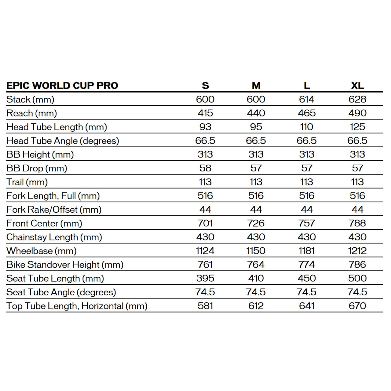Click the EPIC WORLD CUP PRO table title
[x=62, y=86]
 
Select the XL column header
[x=357, y=86]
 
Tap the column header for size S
[x=205, y=86]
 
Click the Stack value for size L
[x=307, y=99]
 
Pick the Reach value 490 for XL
[x=357, y=113]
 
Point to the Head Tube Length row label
[x=57, y=127]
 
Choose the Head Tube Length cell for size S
[x=205, y=127]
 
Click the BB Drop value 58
[x=205, y=168]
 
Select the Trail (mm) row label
[x=27, y=182]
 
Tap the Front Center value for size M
[x=256, y=223]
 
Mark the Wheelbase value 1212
[x=357, y=251]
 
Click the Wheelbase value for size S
[x=205, y=251]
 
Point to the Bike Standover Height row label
[x=65, y=265]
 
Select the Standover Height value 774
[x=307, y=265]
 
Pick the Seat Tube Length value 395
[x=205, y=278]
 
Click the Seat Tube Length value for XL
[x=357, y=278]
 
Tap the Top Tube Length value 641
[x=307, y=306]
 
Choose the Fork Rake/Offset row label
[x=54, y=210]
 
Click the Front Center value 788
[x=357, y=223]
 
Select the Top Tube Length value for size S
[x=205, y=306]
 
